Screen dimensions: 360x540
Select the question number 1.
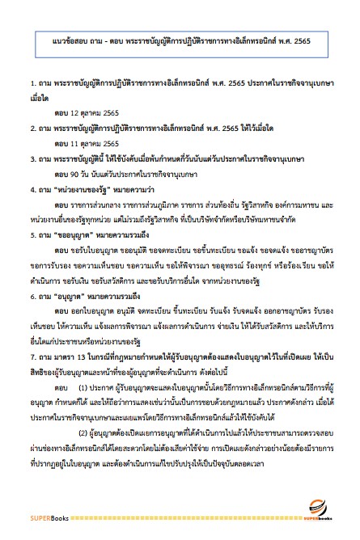[x=29, y=83]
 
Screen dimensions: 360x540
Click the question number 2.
[x=29, y=128]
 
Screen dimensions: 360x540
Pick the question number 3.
[x=29, y=158]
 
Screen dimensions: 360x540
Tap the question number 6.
[x=29, y=296]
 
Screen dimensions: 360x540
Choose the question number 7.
[x=29, y=356]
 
